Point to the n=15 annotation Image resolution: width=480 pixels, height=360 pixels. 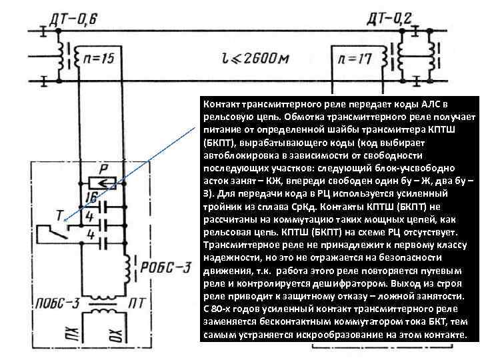pyautogui.click(x=98, y=59)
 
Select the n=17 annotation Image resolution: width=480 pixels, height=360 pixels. pyautogui.click(x=355, y=60)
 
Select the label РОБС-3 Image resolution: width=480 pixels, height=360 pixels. pyautogui.click(x=166, y=267)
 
